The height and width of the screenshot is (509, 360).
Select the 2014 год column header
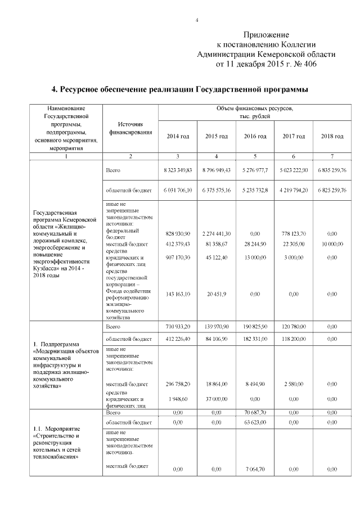coord(178,136)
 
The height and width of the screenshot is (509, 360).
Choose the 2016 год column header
coord(255,136)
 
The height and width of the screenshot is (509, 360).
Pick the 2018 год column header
coord(332,136)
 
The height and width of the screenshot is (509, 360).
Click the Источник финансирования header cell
coord(130,128)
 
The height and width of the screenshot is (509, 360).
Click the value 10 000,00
coord(332,244)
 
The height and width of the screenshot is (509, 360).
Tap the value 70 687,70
coord(255,412)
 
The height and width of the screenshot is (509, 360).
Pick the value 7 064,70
coord(255,469)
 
